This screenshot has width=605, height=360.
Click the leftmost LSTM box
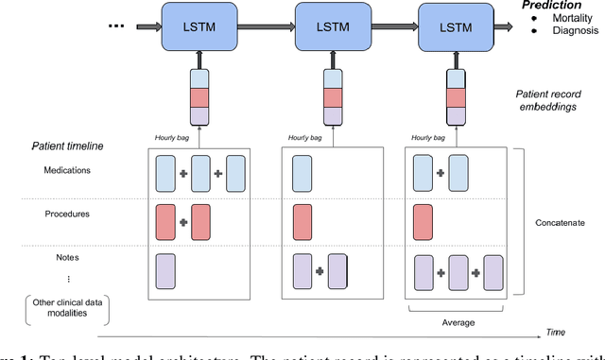pyautogui.click(x=199, y=27)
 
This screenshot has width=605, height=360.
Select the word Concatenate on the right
pyautogui.click(x=565, y=224)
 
